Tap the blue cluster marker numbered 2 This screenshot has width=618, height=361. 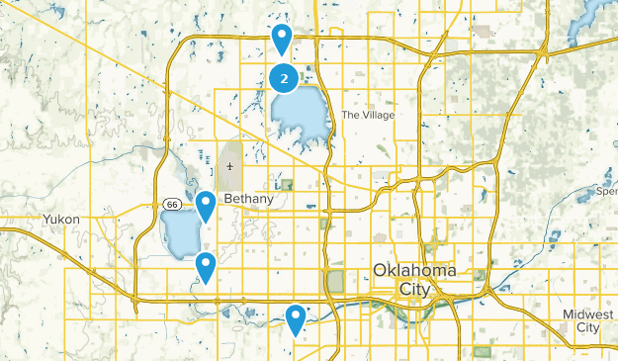pos(284,76)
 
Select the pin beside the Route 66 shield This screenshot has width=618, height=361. pos(206,206)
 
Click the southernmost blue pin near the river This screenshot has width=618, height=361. pos(296,317)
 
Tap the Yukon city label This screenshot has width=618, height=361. pos(60,220)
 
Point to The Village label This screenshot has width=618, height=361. pos(368,116)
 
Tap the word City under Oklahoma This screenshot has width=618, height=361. pos(414,288)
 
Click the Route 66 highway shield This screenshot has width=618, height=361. pos(172,204)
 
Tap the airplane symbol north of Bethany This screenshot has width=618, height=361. pos(230,166)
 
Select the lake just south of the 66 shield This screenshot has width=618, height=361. pos(179,235)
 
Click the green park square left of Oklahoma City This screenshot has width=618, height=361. pos(334,282)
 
